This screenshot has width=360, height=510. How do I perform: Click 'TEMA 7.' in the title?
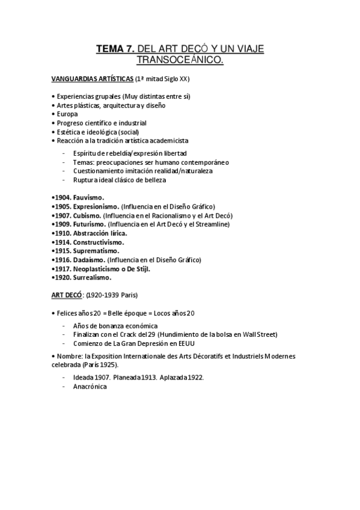[x=114, y=49]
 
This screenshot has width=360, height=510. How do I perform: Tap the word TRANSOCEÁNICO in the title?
[x=180, y=60]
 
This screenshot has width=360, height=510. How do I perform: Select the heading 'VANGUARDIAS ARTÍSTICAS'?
[x=93, y=79]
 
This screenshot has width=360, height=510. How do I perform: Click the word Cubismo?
[x=87, y=215]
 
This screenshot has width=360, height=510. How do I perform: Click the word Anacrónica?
[x=90, y=387]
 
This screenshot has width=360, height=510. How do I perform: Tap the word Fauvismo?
[x=89, y=197]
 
